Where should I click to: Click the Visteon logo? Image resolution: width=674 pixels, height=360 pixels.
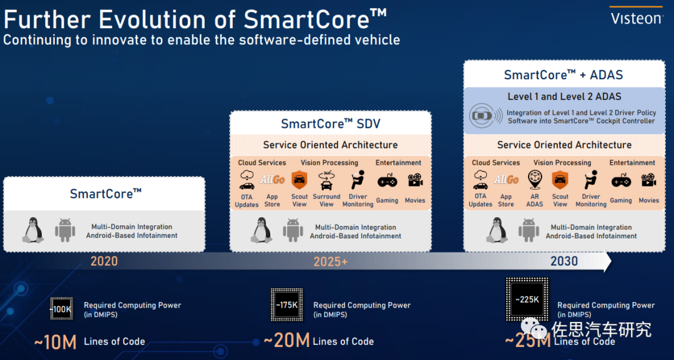coord(636,18)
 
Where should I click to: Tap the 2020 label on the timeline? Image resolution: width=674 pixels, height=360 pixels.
coord(104,261)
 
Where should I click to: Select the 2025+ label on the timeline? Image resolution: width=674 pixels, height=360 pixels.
coord(331,261)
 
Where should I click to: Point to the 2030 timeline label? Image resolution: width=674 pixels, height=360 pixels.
coord(564,261)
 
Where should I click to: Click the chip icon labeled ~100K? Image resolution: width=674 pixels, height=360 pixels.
coord(61,308)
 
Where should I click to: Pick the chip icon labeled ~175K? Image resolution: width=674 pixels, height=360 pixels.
coord(286,305)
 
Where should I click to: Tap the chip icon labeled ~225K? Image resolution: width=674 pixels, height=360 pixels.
coord(527,299)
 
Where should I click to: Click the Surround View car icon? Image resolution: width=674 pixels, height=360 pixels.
coord(326,181)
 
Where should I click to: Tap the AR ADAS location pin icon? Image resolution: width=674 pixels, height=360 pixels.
coord(535,180)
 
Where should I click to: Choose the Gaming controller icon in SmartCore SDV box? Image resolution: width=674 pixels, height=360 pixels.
coord(388,181)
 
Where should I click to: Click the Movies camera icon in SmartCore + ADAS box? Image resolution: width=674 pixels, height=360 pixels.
coord(648,180)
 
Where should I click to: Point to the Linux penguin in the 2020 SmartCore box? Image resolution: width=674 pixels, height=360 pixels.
coord(33,230)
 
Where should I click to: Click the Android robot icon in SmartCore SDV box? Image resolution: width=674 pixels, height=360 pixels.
coord(293,231)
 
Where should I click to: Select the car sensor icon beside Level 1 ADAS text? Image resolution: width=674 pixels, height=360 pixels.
coord(486,115)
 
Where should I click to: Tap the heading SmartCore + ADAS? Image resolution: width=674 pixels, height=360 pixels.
coord(564,75)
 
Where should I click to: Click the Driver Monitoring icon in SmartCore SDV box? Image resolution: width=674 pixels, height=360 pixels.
coord(358,180)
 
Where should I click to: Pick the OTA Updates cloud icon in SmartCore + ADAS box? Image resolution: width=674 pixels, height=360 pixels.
coord(481,180)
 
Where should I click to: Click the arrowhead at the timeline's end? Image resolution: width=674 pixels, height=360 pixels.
coord(607,261)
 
